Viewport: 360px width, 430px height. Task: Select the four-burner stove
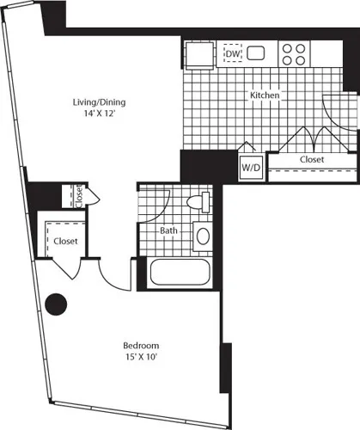pos(293,54)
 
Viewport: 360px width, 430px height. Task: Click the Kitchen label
pos(265,95)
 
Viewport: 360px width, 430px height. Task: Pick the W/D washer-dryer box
pos(251,165)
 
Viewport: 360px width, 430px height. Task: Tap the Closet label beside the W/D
pos(311,160)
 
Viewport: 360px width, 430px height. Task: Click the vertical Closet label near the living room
pos(78,196)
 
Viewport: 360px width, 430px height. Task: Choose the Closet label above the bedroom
pos(66,242)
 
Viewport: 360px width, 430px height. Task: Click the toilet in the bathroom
pos(198,203)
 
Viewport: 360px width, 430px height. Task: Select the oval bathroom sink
pos(204,236)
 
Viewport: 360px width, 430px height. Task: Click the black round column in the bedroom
pos(56,304)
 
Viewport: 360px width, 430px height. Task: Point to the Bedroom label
pos(139,347)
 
